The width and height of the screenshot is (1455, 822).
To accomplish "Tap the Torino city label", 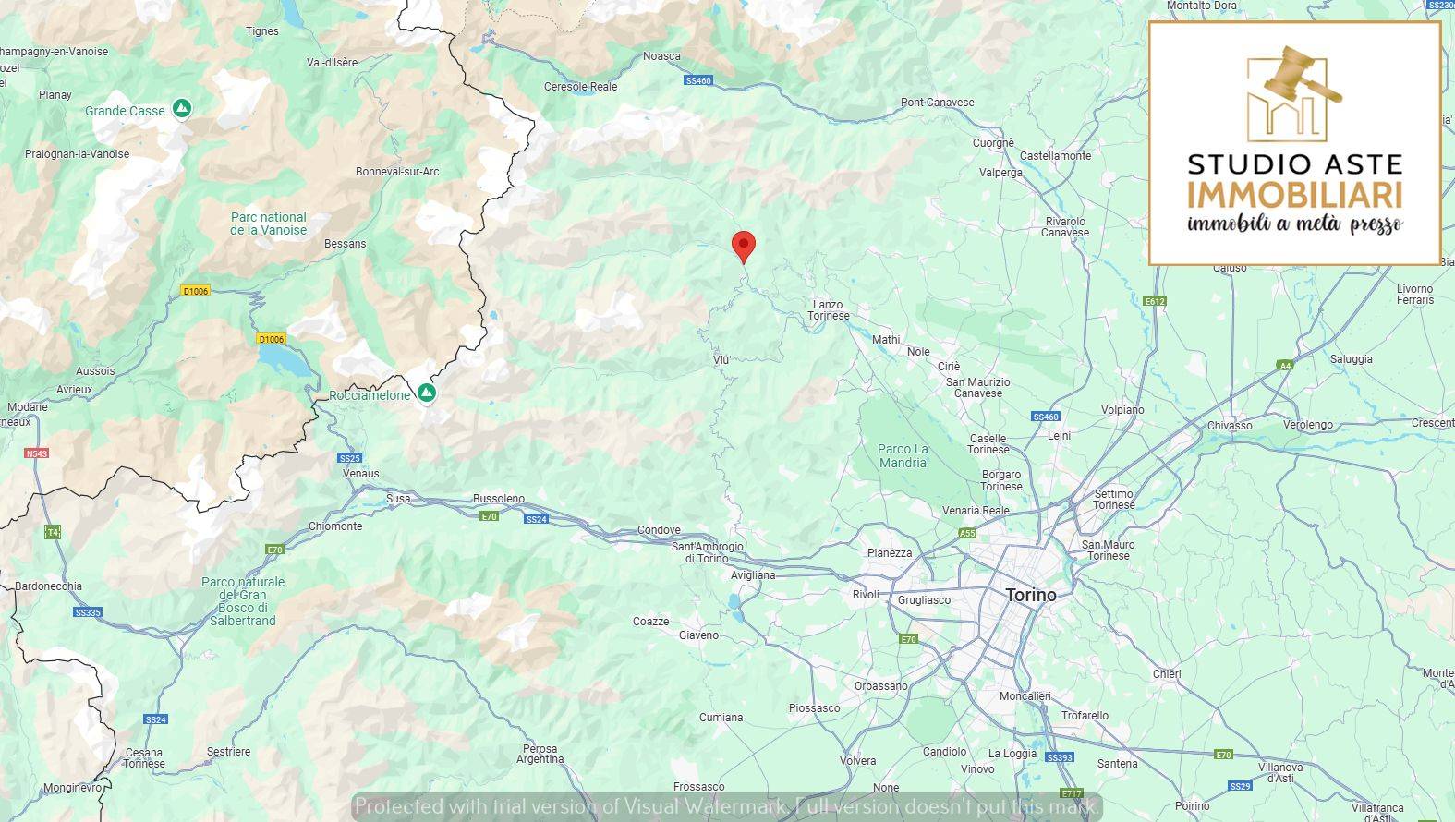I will pos(1030,595).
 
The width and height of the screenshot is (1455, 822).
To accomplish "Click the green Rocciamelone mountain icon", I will pos(426,394).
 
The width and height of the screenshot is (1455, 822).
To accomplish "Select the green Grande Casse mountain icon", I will pos(182,109).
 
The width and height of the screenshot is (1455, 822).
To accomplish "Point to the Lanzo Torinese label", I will pos(828,309).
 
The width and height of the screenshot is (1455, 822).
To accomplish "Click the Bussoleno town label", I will pos(498,499).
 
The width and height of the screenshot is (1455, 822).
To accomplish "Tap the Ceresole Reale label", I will pos(580,87).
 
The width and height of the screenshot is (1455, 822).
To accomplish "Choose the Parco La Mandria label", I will pos(903,455).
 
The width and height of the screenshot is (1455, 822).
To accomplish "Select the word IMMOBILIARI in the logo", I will pos(1294,195).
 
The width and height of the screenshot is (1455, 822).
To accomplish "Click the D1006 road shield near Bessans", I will pos(196,291).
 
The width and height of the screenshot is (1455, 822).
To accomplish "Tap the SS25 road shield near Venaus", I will pos(349,458).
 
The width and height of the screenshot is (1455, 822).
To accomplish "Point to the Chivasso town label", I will pos(1230,426).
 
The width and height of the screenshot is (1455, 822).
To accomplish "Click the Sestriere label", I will pos(228,752).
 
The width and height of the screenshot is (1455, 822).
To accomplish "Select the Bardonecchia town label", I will pos(48,586).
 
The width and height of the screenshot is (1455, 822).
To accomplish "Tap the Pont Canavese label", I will pos(937,103).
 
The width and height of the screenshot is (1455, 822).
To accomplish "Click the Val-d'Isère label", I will pos(332,63).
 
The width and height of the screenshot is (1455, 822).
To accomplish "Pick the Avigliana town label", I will pos(752,575).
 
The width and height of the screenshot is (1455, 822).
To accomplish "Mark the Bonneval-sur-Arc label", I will pos(397,172).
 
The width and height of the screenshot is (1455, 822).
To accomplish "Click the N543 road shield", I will pos(37,453).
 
